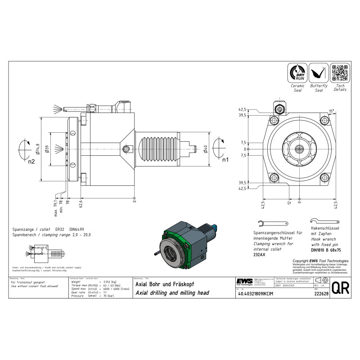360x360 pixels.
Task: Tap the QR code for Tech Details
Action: tap(340, 73)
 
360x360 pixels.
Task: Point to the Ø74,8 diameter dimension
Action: tap(38, 148)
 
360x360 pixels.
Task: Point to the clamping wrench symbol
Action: tap(273, 224)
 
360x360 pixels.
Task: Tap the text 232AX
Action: tap(260, 255)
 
